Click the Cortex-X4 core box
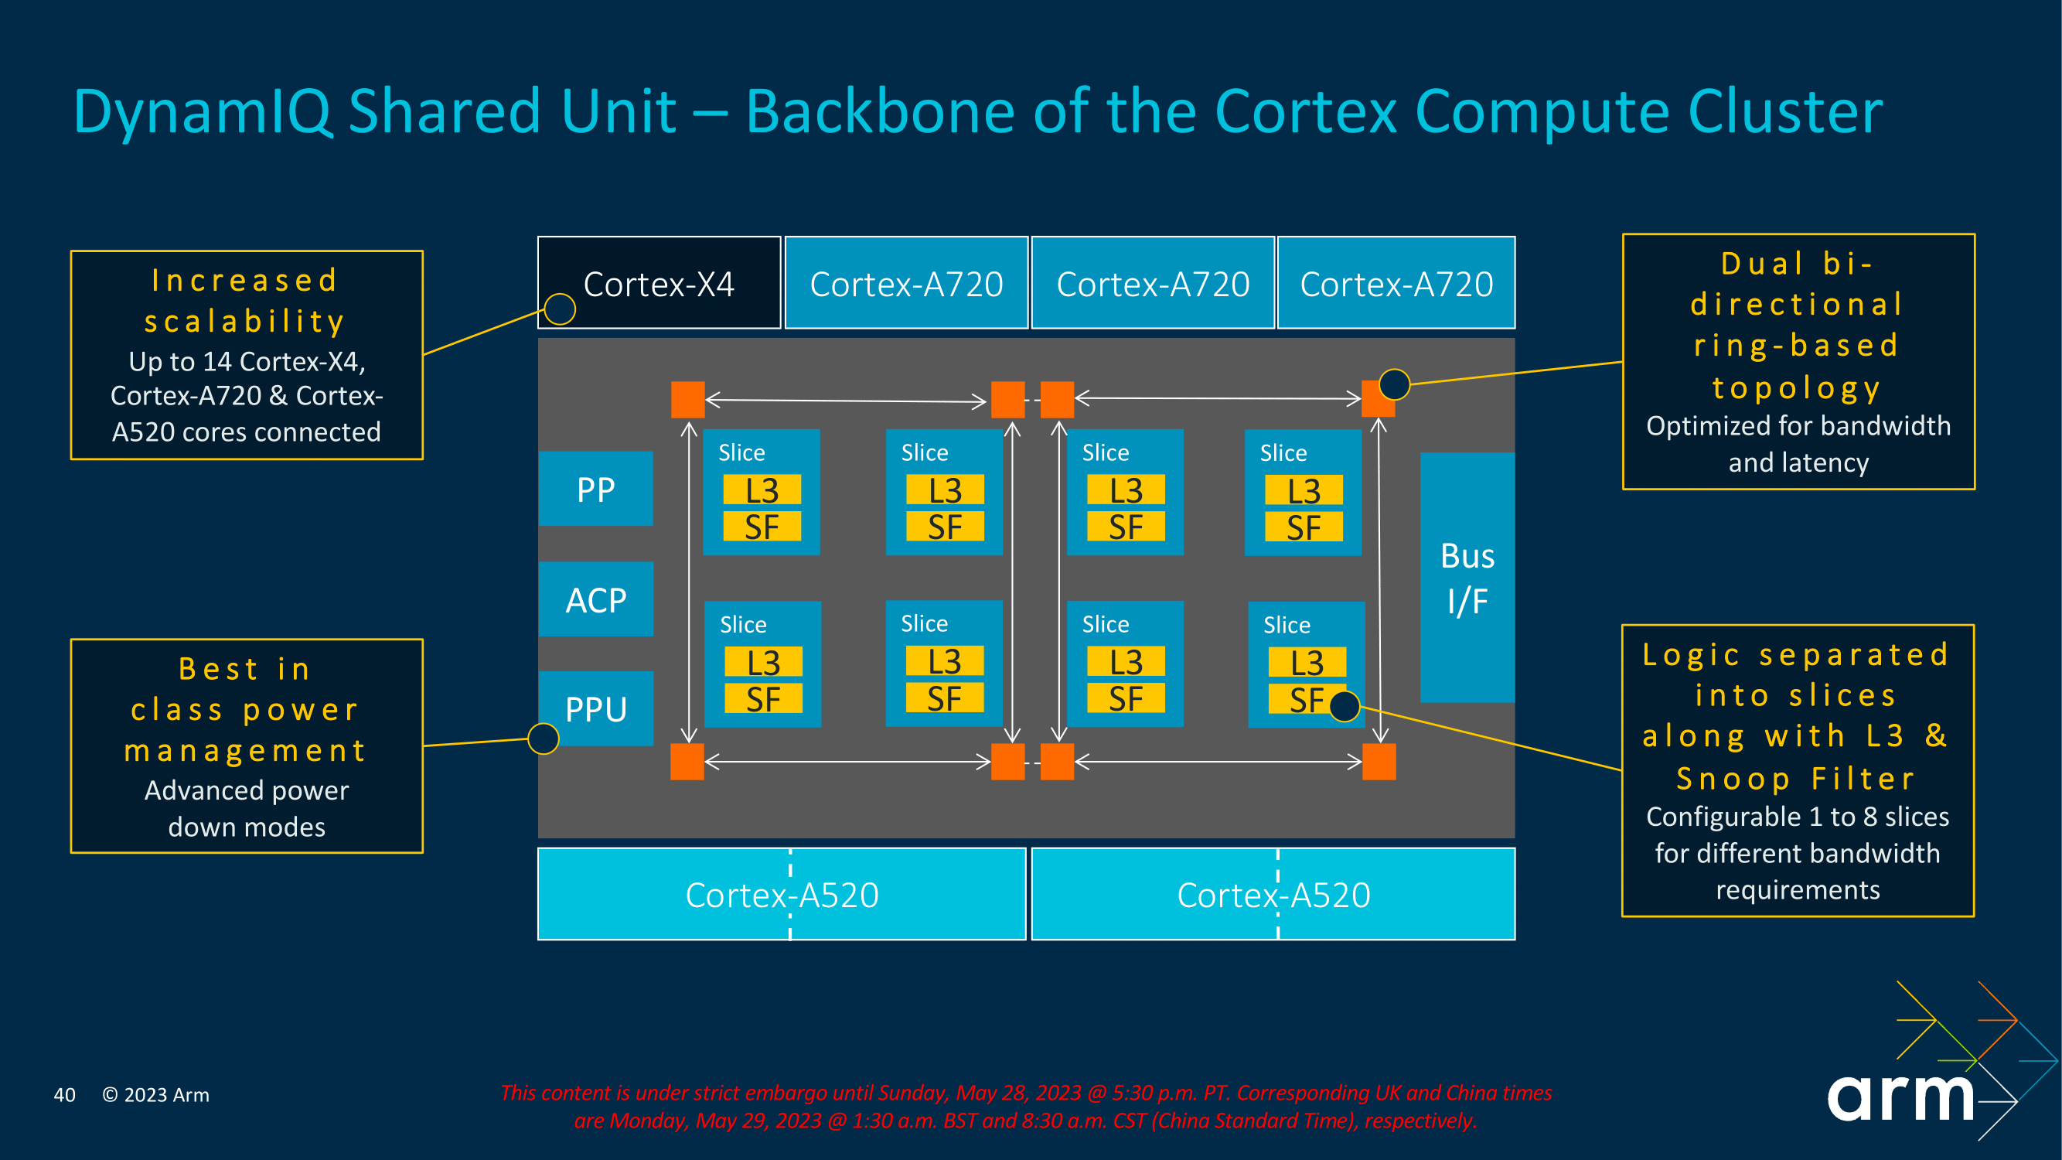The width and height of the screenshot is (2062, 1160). click(659, 283)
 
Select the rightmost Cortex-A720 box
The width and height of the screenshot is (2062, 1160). click(1396, 283)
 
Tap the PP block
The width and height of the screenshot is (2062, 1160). click(595, 490)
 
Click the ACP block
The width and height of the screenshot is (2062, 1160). click(595, 599)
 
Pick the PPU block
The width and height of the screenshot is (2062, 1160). click(595, 709)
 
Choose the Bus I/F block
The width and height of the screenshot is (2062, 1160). click(1467, 578)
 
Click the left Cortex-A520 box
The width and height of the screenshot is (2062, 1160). click(781, 894)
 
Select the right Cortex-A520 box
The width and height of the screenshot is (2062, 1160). click(1273, 894)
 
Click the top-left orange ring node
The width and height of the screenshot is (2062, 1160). click(687, 400)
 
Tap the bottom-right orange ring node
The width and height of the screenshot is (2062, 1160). click(1379, 761)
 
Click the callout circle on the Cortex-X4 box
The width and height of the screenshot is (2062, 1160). click(560, 309)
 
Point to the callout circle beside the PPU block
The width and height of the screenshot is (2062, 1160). click(544, 738)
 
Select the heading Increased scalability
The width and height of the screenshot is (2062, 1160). click(245, 301)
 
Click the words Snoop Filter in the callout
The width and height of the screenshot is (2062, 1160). click(1796, 778)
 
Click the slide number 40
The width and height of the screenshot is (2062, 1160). click(64, 1095)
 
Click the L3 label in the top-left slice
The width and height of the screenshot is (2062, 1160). click(762, 490)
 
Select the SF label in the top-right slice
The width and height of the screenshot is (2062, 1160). click(1304, 527)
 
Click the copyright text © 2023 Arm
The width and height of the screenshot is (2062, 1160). click(155, 1095)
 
